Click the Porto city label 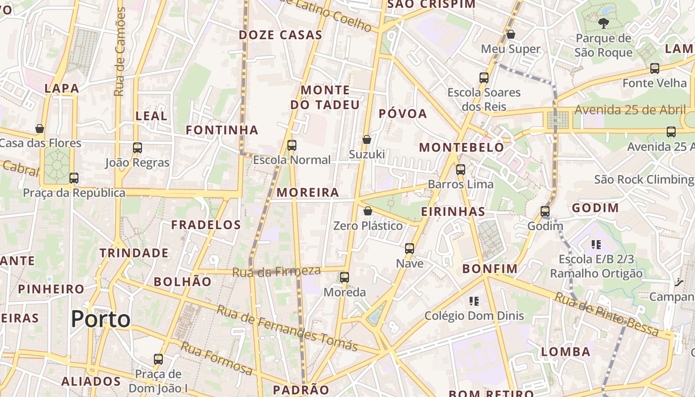point(101,319)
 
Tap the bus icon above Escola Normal point(292,145)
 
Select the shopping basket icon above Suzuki point(367,139)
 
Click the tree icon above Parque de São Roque point(603,23)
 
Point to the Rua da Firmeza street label point(277,271)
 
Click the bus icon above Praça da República point(74,178)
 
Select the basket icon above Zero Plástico point(368,211)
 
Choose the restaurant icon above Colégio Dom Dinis point(474,301)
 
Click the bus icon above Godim point(545,211)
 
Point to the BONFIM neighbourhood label point(490,269)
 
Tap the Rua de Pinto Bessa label point(606,315)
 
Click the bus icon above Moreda point(345,277)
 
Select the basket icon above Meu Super point(511,34)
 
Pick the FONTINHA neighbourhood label point(222,130)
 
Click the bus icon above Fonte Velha point(655,68)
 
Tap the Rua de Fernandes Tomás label point(287,328)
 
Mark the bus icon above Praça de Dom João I point(158,359)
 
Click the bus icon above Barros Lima point(461,169)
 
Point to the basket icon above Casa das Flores point(40,129)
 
